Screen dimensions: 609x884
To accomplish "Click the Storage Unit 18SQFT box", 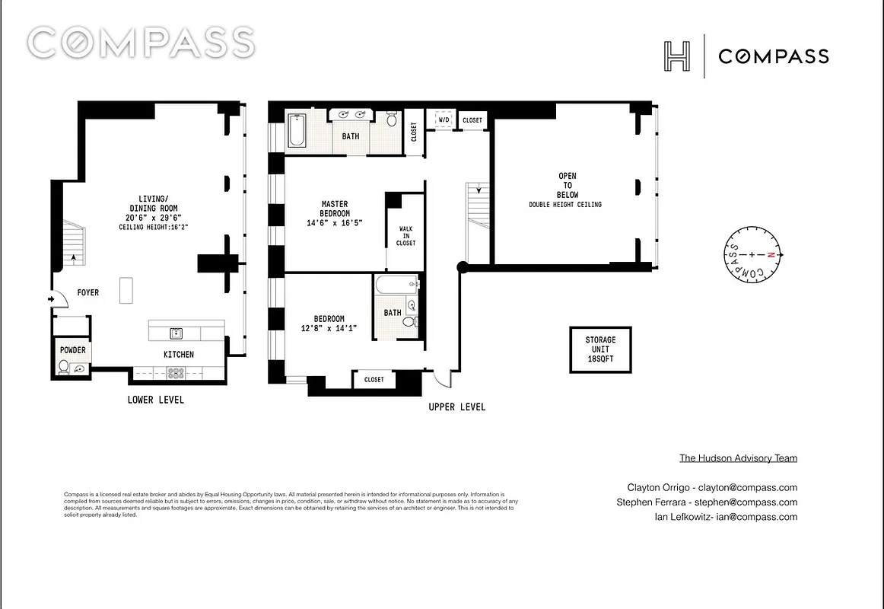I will [600, 349].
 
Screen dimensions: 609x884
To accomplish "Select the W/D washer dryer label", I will [443, 120].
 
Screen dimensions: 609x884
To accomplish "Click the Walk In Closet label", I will [405, 235].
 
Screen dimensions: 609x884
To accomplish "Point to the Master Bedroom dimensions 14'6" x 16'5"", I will [334, 224].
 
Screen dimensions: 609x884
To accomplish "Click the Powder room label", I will [73, 350].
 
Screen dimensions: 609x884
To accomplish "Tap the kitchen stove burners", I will [176, 373].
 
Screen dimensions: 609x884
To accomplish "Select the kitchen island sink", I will [176, 333].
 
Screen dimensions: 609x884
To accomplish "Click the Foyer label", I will [87, 292].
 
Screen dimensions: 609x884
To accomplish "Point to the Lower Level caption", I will [155, 400].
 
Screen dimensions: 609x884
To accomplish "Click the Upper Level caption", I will [456, 407].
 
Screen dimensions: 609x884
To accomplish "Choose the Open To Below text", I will [568, 186].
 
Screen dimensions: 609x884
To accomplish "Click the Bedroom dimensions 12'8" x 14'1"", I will [329, 328].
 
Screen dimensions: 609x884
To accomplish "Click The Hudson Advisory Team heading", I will [738, 458].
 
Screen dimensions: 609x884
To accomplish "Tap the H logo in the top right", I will [677, 56].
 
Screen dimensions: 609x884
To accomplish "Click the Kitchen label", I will [179, 354].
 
